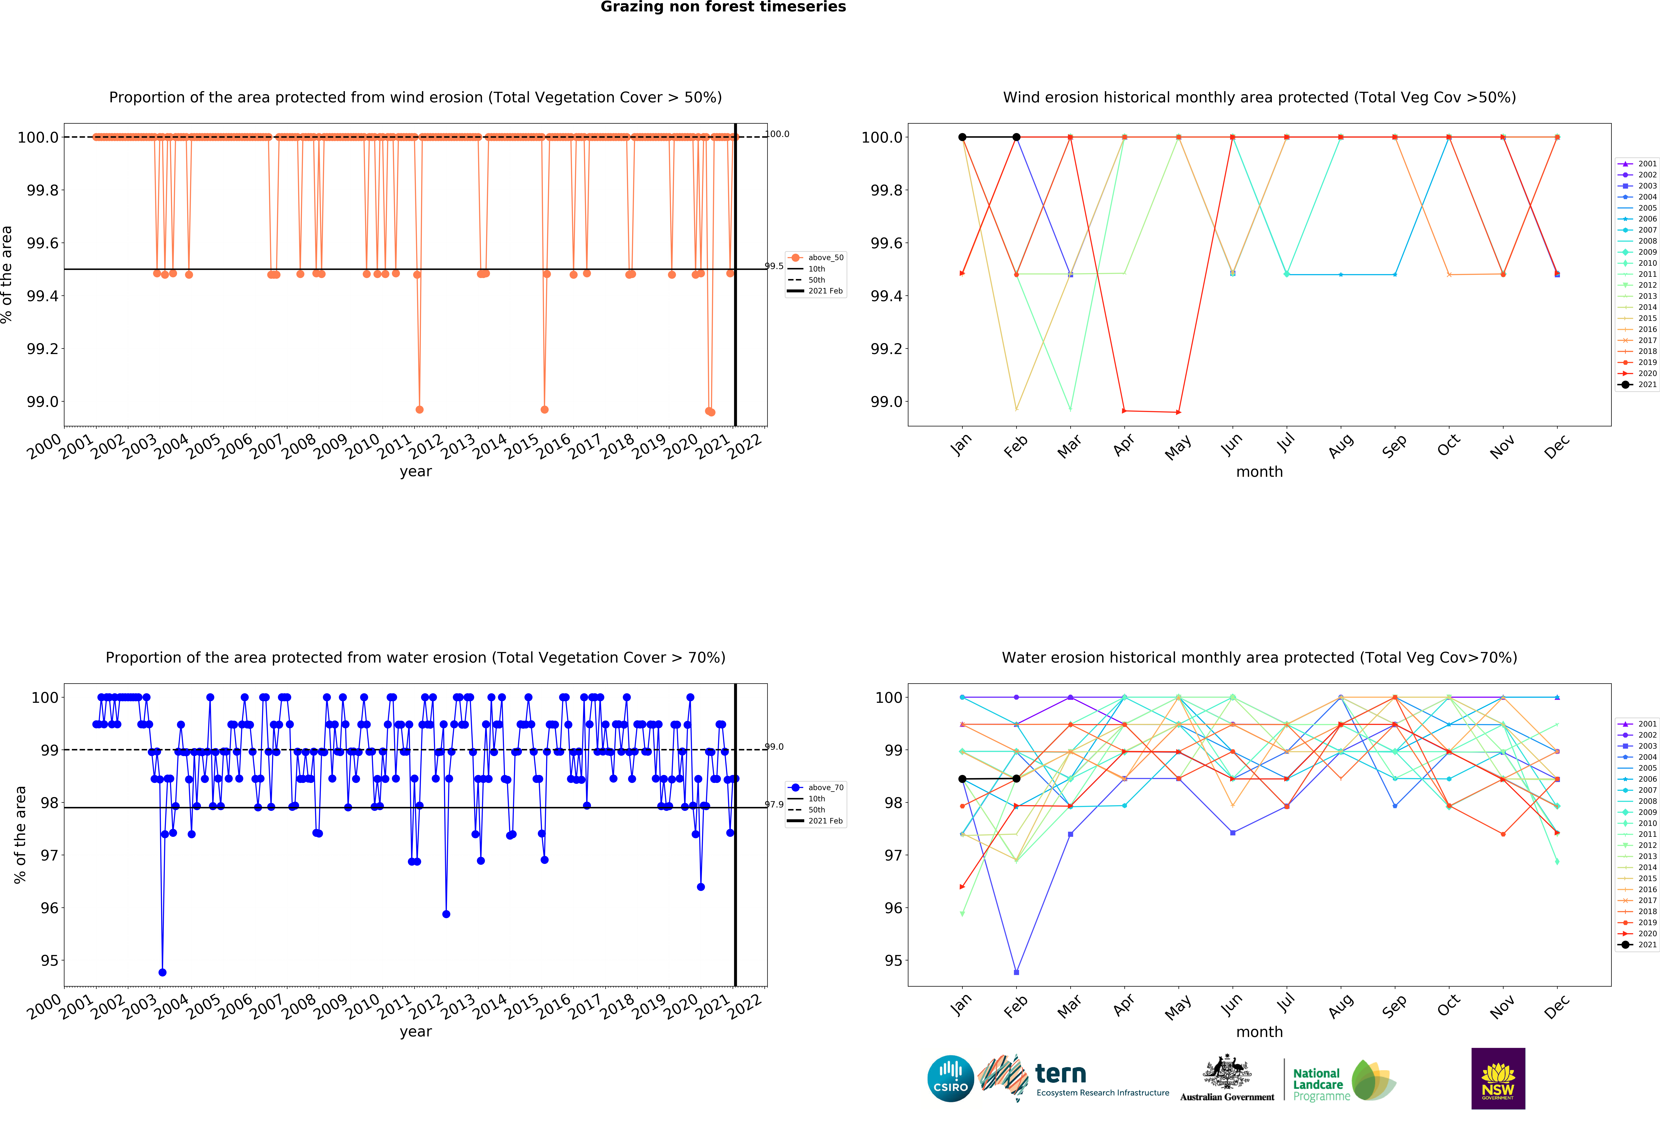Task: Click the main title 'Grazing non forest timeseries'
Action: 723,7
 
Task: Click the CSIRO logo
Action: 950,1078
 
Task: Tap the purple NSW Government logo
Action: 1498,1078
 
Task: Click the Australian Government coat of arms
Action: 1226,1071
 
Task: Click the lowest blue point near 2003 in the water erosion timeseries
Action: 162,972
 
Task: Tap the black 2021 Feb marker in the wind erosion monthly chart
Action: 1016,137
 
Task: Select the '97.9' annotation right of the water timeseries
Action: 774,804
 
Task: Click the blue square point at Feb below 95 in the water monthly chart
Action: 1016,972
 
